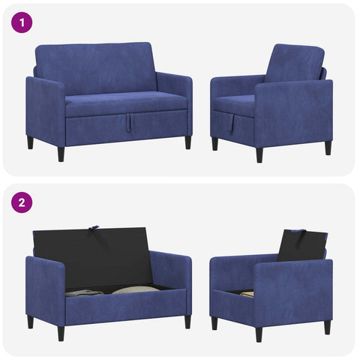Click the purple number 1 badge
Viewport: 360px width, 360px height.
coord(22,22)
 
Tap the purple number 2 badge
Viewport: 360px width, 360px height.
coord(22,202)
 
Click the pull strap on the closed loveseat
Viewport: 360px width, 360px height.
coord(129,122)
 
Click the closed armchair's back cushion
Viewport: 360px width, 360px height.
coord(295,64)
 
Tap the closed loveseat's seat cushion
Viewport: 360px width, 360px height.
coord(126,104)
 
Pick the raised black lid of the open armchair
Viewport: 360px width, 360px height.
coord(302,246)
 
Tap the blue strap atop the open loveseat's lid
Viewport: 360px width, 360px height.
coord(94,227)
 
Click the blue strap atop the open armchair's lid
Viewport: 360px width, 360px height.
coord(300,230)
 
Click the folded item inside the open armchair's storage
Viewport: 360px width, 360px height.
coord(247,293)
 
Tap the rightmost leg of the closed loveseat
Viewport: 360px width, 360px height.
coord(188,142)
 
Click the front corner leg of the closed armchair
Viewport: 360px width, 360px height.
coord(259,155)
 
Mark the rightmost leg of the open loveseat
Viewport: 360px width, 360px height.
coord(187,322)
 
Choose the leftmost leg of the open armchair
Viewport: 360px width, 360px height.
coord(214,323)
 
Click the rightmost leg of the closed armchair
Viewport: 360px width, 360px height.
coord(328,148)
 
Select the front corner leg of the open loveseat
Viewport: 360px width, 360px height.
coord(61,334)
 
